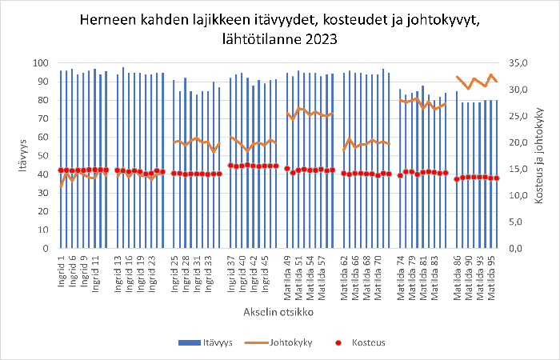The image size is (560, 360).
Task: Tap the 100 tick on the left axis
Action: pos(41,63)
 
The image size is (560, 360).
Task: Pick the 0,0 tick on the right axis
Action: pos(519,249)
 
